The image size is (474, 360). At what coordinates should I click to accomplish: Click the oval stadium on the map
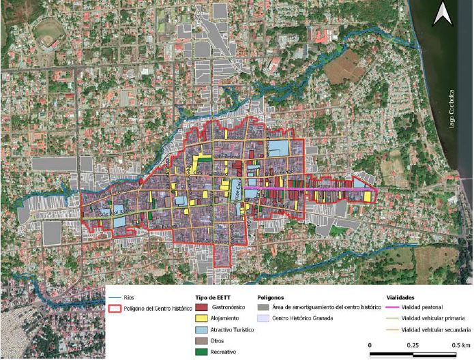48,33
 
